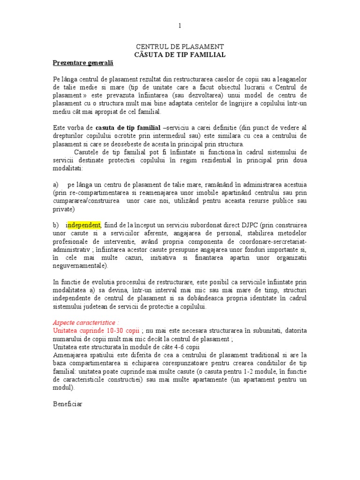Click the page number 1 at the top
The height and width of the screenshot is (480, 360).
(179, 26)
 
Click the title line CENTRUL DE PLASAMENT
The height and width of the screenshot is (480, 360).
(180, 47)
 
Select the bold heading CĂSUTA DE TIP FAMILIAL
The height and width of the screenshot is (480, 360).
(180, 55)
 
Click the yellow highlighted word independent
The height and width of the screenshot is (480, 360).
(83, 226)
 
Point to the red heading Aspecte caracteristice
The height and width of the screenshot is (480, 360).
(85, 323)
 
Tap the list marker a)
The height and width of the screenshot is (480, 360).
(55, 185)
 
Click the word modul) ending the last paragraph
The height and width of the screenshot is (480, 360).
(63, 388)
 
